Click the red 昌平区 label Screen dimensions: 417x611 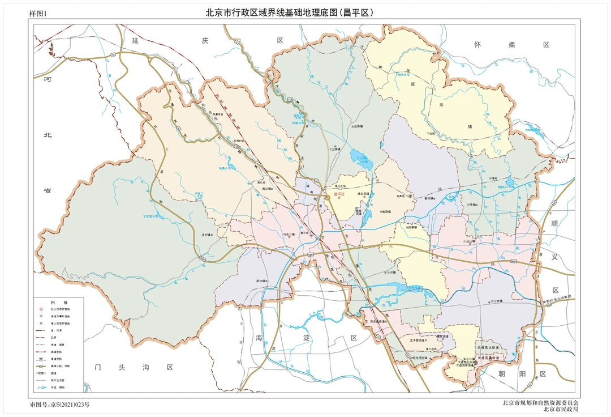pos(339,194)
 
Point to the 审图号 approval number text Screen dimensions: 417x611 pos(59,405)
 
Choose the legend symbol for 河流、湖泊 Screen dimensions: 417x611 pos(40,387)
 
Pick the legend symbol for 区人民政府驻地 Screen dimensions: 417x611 pos(40,309)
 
